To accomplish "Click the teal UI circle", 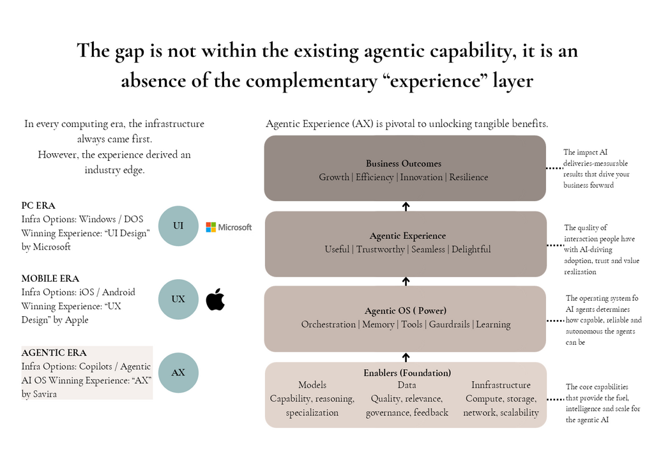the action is (x=178, y=225).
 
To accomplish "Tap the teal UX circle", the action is (x=178, y=299).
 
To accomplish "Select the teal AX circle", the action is (x=178, y=372).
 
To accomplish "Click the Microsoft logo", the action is (x=229, y=227).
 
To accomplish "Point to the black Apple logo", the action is (x=215, y=299).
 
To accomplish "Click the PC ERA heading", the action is (x=38, y=206).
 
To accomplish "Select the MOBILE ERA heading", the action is (x=50, y=278).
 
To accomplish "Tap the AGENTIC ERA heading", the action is (x=54, y=353).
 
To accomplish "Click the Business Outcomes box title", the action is (x=404, y=163).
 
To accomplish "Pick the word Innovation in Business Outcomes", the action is (x=422, y=178).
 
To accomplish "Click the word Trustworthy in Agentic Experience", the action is (x=381, y=250).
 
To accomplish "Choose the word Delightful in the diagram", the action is (x=471, y=250).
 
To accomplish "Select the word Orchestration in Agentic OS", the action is (x=328, y=324).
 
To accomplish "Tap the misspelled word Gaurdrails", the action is (x=449, y=324).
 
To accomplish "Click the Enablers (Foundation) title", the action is (x=407, y=373).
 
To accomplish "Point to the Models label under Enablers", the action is (x=312, y=385).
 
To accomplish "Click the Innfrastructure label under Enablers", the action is (x=501, y=385).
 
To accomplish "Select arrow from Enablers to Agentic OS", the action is (x=406, y=357).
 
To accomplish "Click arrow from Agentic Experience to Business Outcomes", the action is (x=406, y=206).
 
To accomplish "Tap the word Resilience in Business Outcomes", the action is (x=468, y=178).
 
